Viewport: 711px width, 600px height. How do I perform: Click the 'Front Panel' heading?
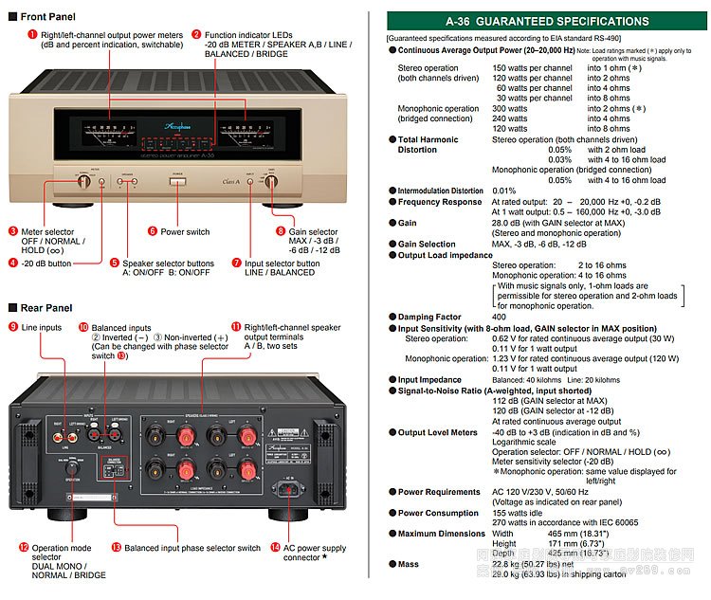coord(47,17)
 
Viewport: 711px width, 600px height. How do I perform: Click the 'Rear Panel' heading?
coord(46,307)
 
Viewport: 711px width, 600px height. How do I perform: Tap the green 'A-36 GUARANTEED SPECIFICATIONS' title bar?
coord(547,21)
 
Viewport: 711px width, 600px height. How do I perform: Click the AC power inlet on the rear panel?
coord(287,490)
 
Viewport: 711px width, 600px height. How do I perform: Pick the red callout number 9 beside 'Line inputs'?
coord(12,327)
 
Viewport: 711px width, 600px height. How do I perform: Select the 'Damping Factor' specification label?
coord(429,318)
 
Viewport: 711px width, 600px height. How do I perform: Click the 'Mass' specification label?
coord(409,564)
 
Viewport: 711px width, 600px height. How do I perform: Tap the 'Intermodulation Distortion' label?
coord(441,191)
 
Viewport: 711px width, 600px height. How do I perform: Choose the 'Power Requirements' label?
coord(439,492)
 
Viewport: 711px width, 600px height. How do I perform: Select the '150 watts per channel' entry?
coord(533,68)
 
